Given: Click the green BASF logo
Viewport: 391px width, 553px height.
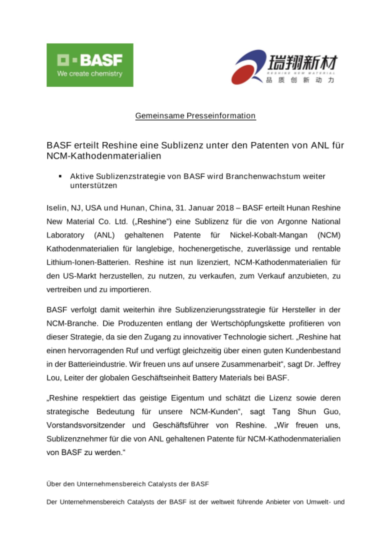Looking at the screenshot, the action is pyautogui.click(x=90, y=65).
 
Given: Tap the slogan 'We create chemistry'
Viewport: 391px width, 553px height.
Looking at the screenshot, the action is pyautogui.click(x=90, y=74).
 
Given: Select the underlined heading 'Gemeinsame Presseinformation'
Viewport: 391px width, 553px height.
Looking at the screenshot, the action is pyautogui.click(x=195, y=116).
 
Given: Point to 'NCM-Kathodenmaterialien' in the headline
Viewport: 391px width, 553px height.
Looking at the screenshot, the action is pyautogui.click(x=104, y=156).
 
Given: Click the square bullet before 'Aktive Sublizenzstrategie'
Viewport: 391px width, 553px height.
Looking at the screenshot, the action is pyautogui.click(x=60, y=176).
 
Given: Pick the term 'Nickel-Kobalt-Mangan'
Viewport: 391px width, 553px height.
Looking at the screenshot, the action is pyautogui.click(x=269, y=235).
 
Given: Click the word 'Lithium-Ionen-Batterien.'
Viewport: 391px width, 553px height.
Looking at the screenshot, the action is pyautogui.click(x=88, y=262).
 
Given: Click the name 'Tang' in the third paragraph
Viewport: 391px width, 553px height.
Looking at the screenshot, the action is pyautogui.click(x=281, y=412).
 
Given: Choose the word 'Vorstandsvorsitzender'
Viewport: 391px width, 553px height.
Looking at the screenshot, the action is pyautogui.click(x=86, y=425).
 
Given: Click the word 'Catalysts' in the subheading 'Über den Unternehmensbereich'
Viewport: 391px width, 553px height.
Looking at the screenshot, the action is pyautogui.click(x=162, y=484).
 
